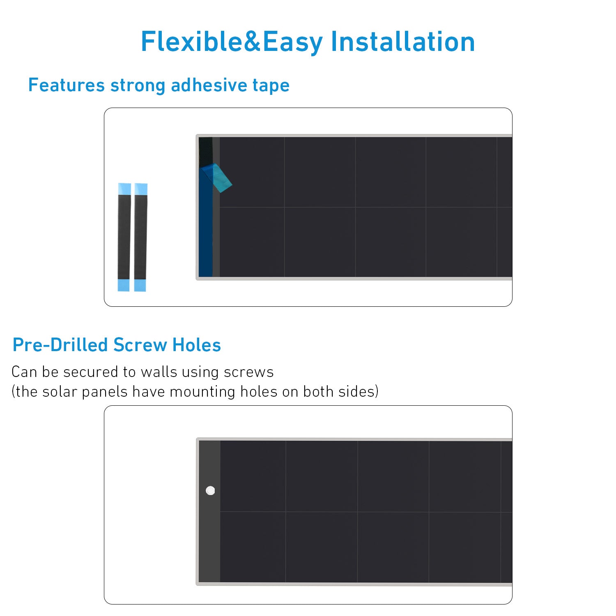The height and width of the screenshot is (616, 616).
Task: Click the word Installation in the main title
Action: point(403,42)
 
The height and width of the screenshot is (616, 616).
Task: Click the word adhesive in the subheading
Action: point(209,85)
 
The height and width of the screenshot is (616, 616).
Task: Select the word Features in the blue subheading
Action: point(67,85)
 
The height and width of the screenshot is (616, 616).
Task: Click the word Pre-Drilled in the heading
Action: point(60,345)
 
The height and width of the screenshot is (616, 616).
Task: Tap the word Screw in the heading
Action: point(140,345)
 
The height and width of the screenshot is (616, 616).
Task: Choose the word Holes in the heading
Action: point(197,345)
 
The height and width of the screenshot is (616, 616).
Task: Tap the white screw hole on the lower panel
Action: point(210,490)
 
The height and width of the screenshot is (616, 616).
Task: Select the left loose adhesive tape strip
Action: point(124,237)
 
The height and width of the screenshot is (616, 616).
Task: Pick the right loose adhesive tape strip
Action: point(140,237)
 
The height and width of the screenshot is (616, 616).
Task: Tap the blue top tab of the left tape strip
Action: point(124,189)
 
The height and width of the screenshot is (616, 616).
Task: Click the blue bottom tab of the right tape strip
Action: point(140,285)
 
